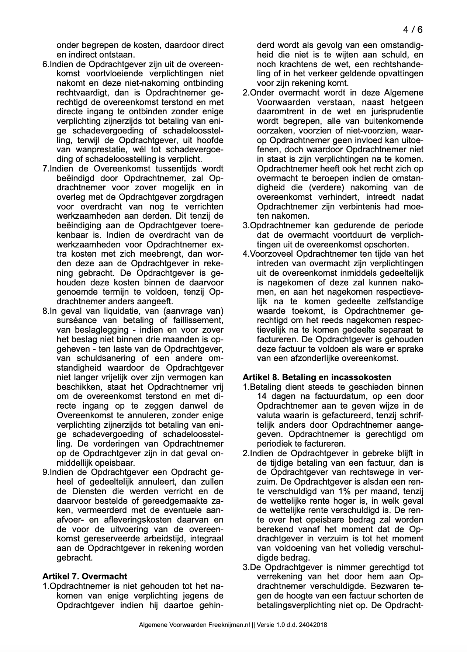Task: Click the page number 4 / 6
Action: coord(412,30)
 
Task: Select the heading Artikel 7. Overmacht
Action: coord(85,576)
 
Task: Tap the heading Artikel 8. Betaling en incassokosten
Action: coord(317,377)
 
